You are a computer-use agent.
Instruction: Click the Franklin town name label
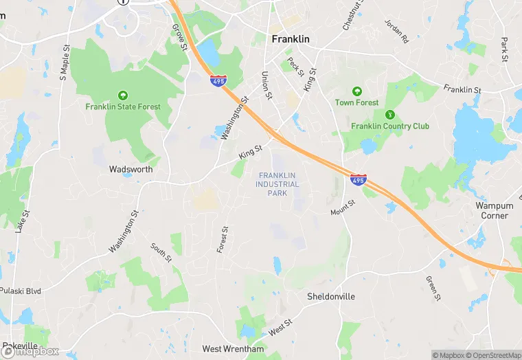tap(291, 39)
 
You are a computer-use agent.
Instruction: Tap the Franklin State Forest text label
tap(123, 107)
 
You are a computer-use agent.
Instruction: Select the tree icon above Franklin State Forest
tap(123, 95)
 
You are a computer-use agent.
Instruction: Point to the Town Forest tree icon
tap(356, 91)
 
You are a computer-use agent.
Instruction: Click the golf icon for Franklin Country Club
tap(390, 114)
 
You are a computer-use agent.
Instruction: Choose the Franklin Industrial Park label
tap(278, 184)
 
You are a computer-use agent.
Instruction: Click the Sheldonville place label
tap(332, 297)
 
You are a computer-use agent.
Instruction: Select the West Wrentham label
tap(232, 350)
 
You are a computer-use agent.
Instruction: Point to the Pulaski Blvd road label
tap(21, 291)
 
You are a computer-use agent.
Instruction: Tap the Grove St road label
tap(180, 37)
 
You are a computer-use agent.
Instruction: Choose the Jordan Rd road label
tap(396, 31)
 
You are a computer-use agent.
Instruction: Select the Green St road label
tap(432, 288)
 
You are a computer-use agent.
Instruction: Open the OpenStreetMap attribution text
tap(493, 355)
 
